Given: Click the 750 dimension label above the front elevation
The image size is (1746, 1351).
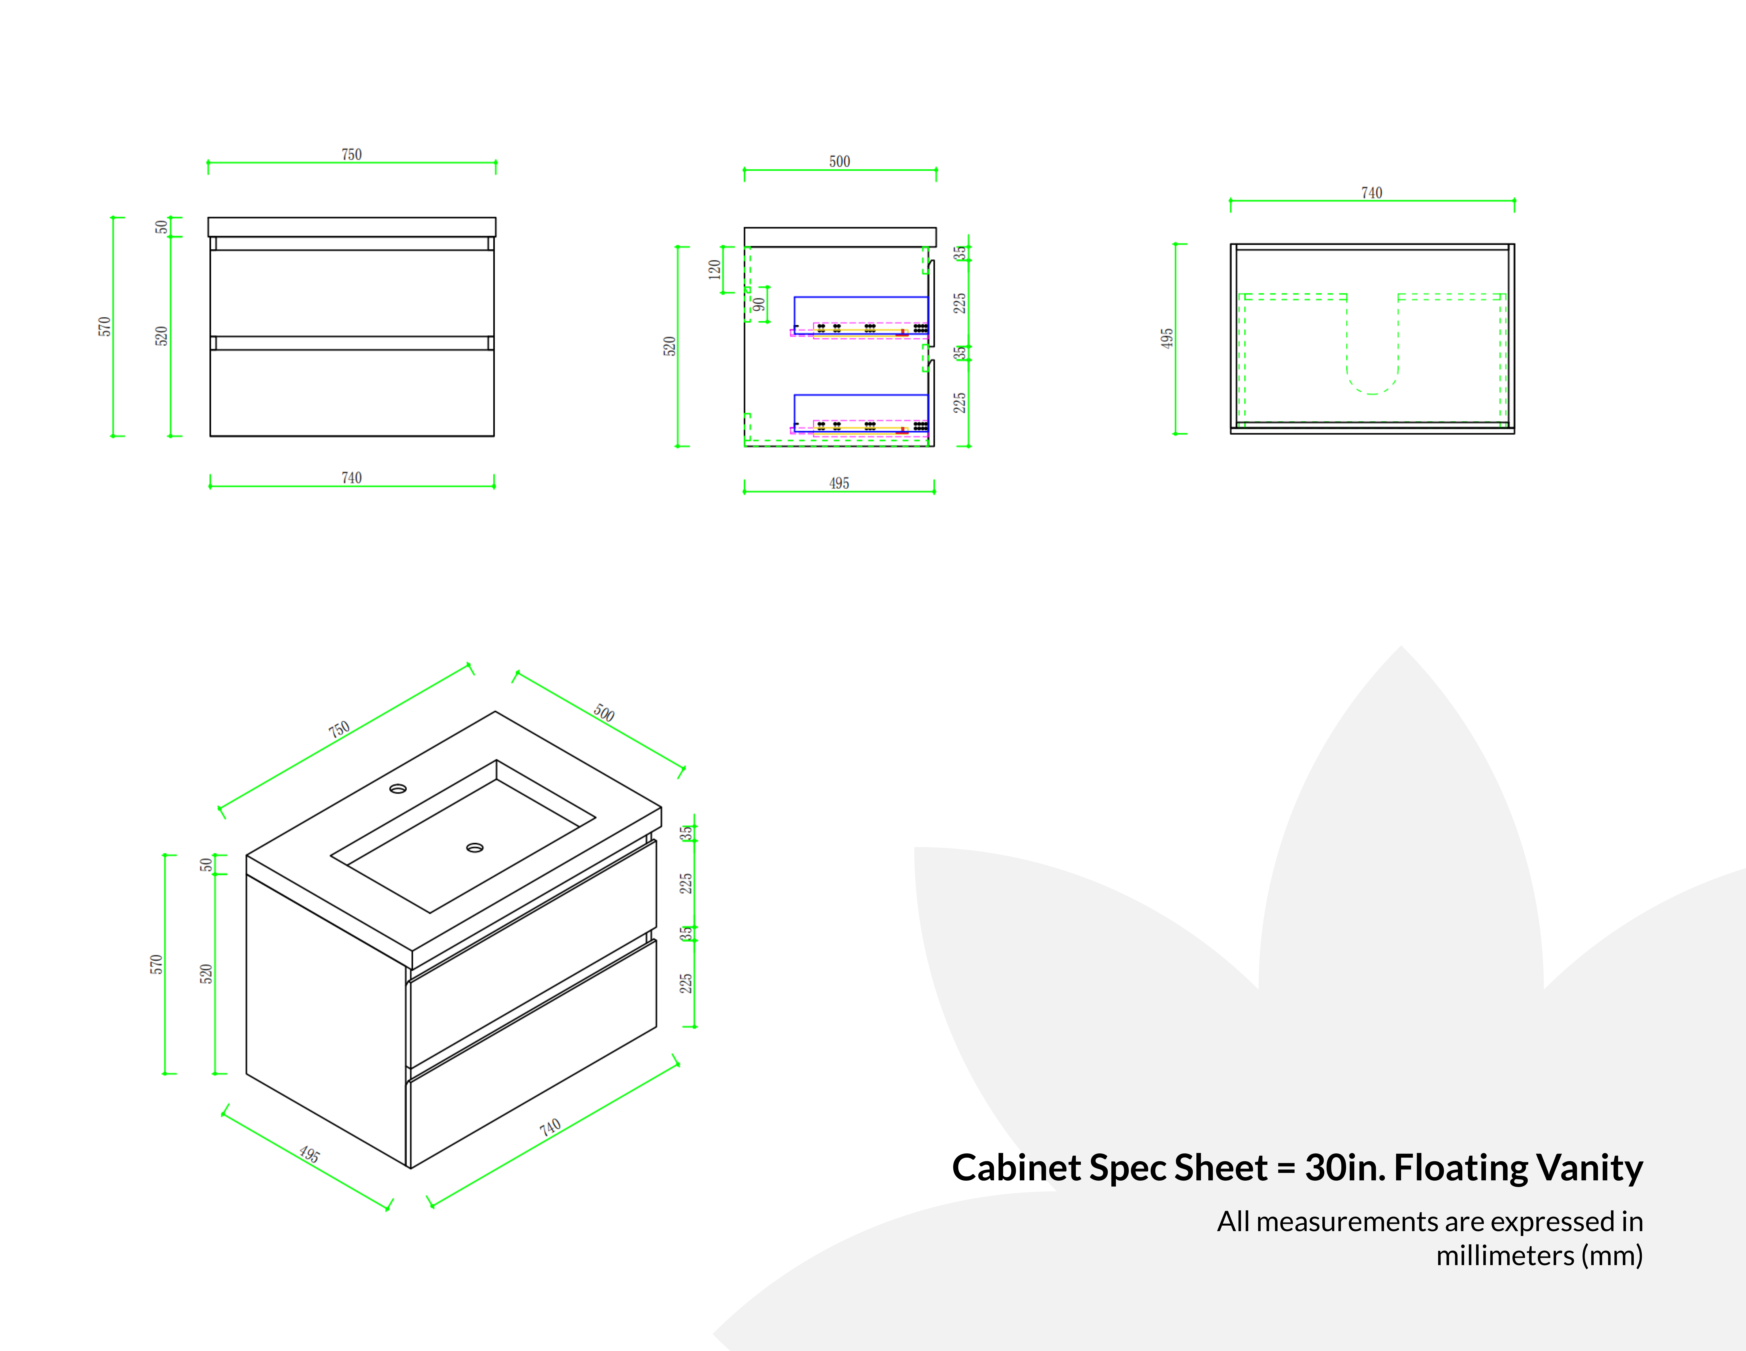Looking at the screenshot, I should (352, 154).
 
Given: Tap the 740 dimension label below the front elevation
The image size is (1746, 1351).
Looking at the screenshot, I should (352, 478).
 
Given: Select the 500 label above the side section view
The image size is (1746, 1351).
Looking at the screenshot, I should (839, 162).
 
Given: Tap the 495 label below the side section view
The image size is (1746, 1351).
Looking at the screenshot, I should (839, 484).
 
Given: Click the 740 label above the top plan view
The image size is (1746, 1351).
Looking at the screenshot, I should (1372, 193).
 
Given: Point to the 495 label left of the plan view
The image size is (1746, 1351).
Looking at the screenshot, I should (1167, 338).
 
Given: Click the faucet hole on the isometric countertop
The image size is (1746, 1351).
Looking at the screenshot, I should (397, 789).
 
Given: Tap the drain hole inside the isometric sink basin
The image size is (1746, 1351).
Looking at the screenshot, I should (475, 847).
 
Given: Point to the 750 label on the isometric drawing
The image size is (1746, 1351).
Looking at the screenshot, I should (339, 729).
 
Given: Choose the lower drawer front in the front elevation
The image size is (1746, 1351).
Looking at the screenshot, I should (352, 392).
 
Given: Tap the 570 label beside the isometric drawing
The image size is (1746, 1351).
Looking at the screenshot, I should (156, 964).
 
